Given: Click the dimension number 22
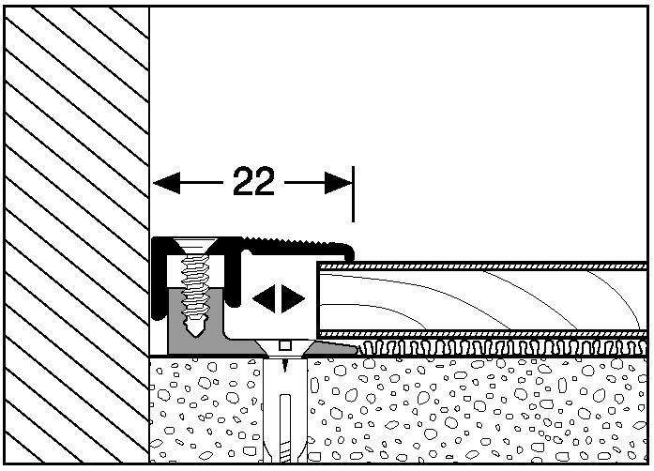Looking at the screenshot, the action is [253, 181].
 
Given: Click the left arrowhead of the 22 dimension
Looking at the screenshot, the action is [166, 183].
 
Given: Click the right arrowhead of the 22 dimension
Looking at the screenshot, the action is [339, 183].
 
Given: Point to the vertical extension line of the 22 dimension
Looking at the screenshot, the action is [354, 194].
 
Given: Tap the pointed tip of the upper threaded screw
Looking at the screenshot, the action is [195, 335].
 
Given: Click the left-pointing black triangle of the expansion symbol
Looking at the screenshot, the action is [265, 298].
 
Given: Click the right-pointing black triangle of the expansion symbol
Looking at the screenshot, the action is [293, 298].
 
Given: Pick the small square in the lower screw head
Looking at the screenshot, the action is [285, 345].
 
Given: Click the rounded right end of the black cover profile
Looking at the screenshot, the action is [350, 251].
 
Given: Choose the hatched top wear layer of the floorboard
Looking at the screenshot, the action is [482, 266].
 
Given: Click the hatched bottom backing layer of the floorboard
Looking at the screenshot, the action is [482, 334].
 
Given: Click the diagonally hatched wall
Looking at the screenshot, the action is [77, 235].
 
